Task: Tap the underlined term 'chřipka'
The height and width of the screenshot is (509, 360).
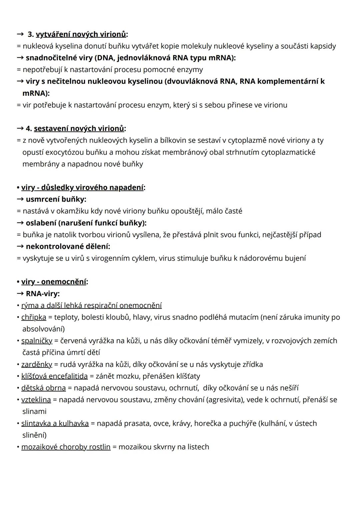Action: [x=34, y=317]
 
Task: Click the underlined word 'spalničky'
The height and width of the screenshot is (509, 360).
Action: [x=37, y=341]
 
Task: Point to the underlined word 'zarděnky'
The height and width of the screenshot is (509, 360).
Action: [x=37, y=364]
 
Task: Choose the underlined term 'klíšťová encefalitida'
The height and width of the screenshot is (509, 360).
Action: [x=54, y=376]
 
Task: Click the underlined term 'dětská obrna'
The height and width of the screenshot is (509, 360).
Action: [x=43, y=388]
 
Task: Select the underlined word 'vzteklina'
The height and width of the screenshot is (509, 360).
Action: [x=36, y=400]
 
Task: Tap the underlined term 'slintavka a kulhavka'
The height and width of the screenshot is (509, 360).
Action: [x=55, y=423]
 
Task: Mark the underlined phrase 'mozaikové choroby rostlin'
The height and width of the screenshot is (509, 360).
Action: [x=66, y=447]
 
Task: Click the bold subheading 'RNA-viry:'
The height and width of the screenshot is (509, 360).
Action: [x=43, y=294]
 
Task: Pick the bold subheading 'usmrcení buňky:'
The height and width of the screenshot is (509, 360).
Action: [x=56, y=199]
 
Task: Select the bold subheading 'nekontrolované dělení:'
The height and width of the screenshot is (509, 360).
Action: [x=68, y=246]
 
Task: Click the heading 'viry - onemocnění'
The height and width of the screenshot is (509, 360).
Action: [x=54, y=282]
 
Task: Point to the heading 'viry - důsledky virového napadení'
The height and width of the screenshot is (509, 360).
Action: [x=82, y=187]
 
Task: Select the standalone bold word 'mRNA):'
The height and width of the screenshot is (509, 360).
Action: [x=36, y=93]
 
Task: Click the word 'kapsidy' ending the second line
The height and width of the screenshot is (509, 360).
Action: [x=323, y=46]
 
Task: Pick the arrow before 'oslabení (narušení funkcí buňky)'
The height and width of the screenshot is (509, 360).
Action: [x=20, y=223]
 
